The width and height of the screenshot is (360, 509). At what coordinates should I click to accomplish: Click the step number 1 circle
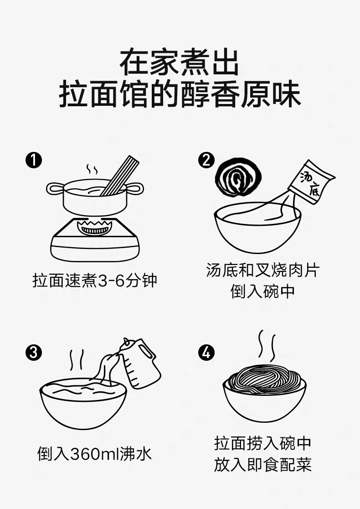click(x=34, y=160)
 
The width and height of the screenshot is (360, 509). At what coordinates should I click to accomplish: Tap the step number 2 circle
click(x=206, y=160)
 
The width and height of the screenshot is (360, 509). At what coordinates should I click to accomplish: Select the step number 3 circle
click(x=34, y=353)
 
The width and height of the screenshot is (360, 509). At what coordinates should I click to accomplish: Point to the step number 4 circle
click(x=206, y=353)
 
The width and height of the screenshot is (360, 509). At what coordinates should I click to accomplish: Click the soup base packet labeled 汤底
click(x=311, y=182)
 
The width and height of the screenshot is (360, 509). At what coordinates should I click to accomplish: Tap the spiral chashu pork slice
click(x=238, y=178)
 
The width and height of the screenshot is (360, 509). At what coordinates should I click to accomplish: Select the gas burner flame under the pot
click(x=94, y=227)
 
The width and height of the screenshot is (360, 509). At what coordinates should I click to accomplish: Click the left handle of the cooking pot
click(x=55, y=189)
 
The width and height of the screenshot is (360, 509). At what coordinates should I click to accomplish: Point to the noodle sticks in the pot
click(x=120, y=176)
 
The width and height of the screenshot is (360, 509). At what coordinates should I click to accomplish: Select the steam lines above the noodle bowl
click(x=267, y=346)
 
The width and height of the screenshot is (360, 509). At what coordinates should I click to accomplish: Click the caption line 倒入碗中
click(x=262, y=291)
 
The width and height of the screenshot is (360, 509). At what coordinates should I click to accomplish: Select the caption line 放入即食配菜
click(x=262, y=464)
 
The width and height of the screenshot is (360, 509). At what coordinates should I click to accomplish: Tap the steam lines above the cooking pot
click(x=92, y=169)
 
